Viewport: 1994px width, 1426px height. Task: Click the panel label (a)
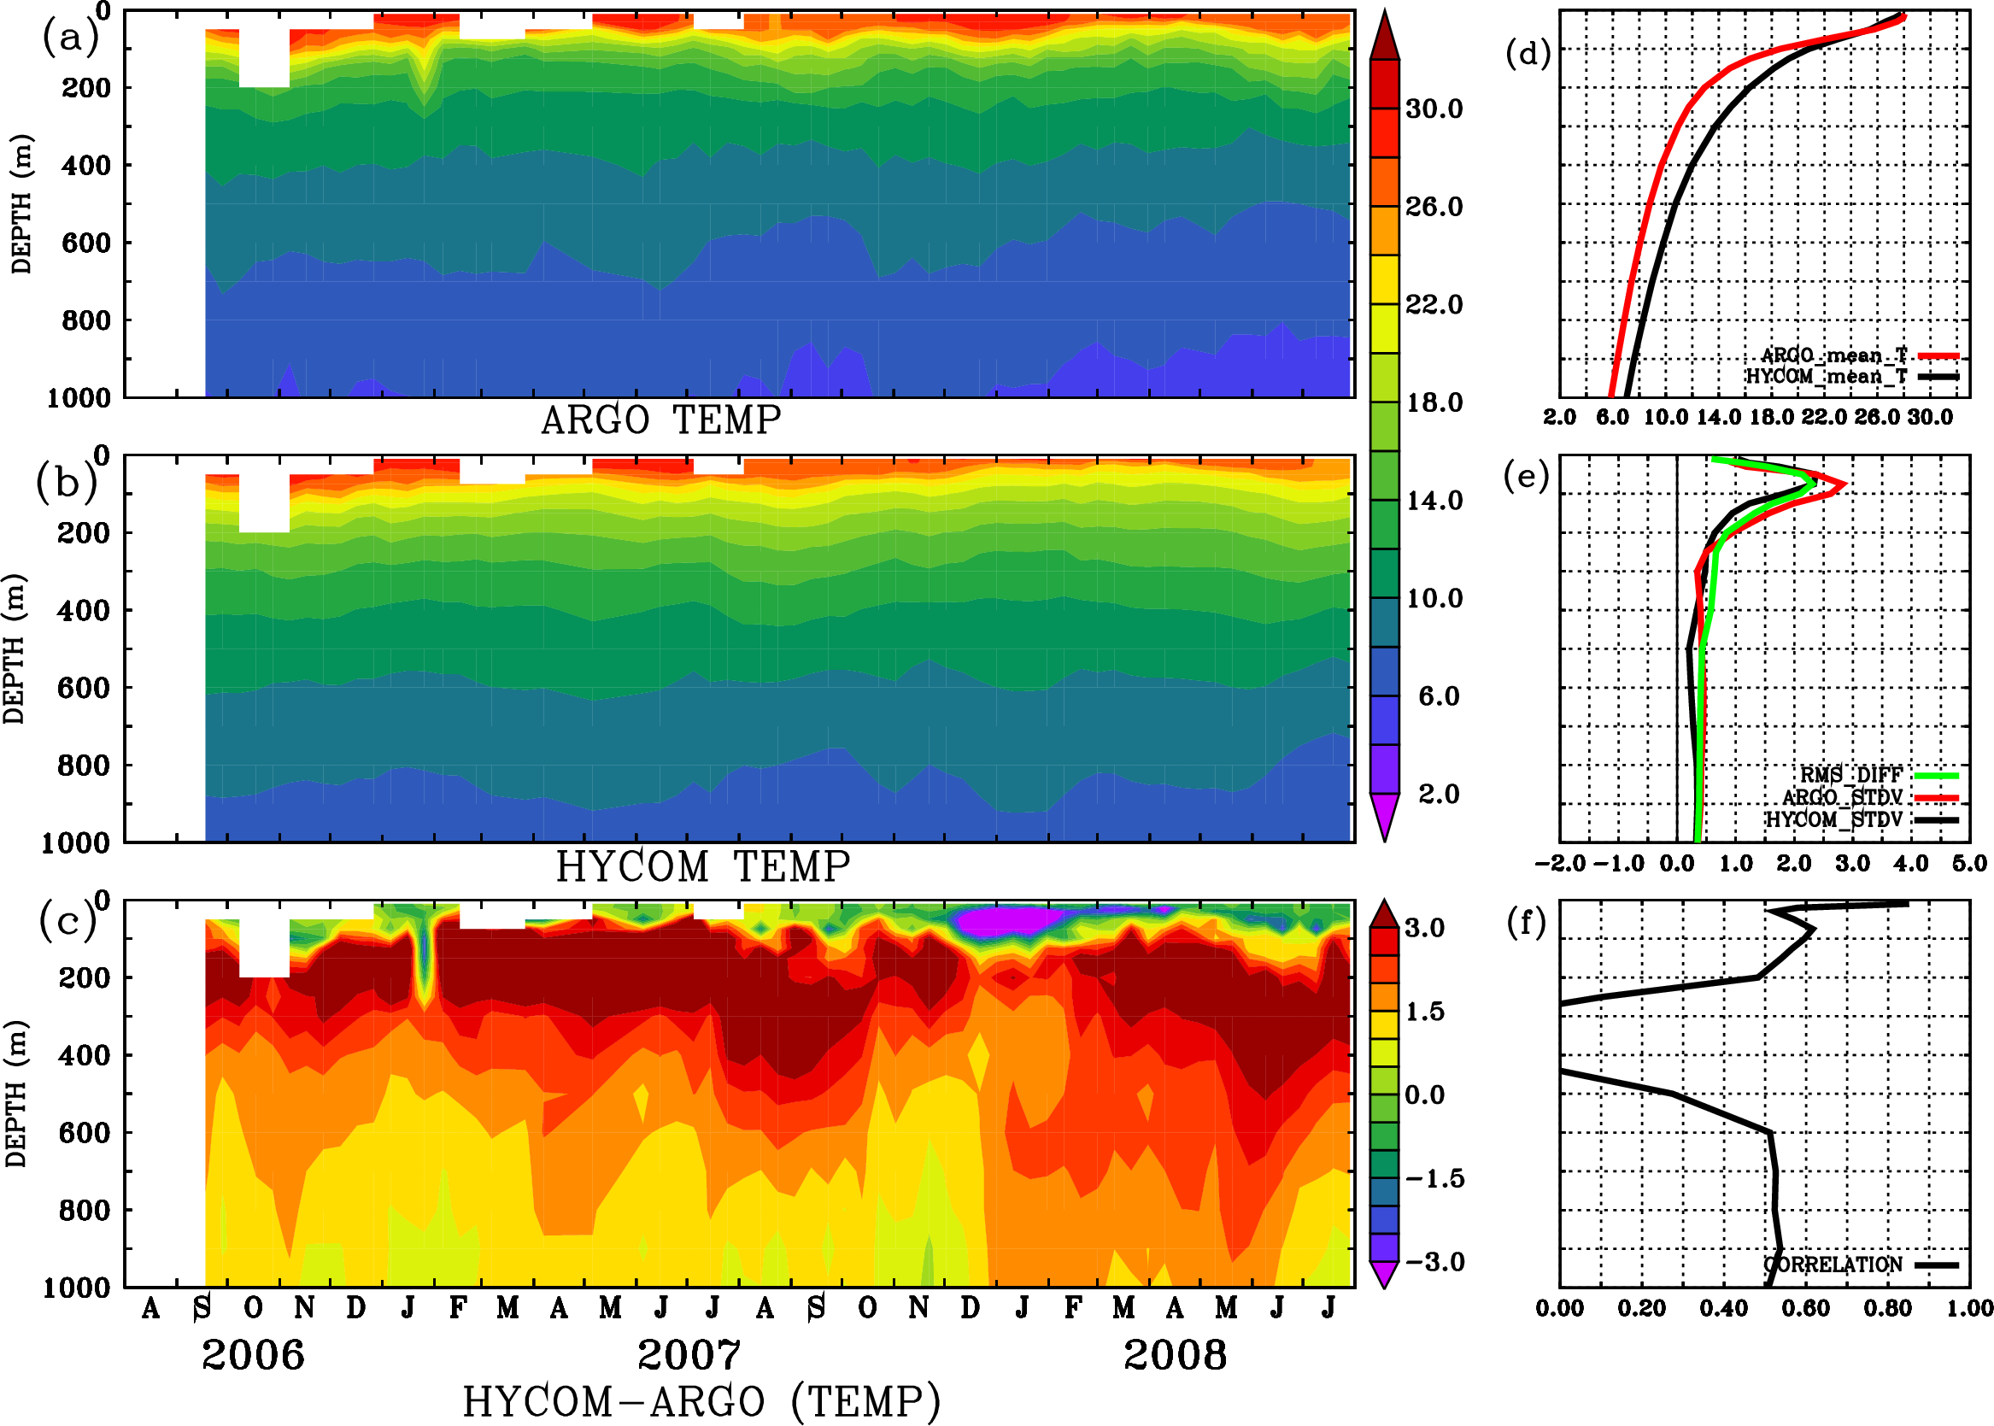click(x=69, y=38)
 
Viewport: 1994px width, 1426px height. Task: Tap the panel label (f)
click(x=1526, y=923)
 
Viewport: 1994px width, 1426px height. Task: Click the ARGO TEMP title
click(x=660, y=420)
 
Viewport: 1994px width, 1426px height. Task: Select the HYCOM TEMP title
click(x=702, y=866)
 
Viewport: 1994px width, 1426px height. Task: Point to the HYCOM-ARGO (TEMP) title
click(x=701, y=1400)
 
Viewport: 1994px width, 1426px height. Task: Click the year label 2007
click(x=689, y=1355)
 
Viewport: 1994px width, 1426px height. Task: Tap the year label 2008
click(x=1175, y=1355)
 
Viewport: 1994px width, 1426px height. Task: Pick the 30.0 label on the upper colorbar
click(x=1434, y=109)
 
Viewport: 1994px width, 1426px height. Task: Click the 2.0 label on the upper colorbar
click(x=1438, y=794)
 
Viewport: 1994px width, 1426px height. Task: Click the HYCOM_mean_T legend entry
click(x=1827, y=377)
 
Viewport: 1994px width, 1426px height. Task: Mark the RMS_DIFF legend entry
click(x=1850, y=775)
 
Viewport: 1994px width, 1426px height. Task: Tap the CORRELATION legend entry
click(x=1833, y=1265)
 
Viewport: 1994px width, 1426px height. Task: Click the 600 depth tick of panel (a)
click(x=86, y=244)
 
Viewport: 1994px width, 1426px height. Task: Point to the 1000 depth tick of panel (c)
click(x=77, y=1288)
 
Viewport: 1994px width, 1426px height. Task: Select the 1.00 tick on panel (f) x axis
click(x=1969, y=1308)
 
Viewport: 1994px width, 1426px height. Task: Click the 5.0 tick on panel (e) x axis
click(x=1969, y=863)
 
